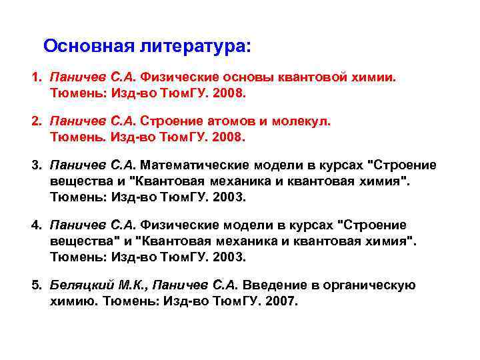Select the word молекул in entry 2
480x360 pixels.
[301, 122]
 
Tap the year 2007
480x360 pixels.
[282, 301]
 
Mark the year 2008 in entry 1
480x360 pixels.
[230, 94]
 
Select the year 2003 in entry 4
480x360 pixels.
[230, 257]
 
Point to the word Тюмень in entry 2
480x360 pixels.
[73, 137]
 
